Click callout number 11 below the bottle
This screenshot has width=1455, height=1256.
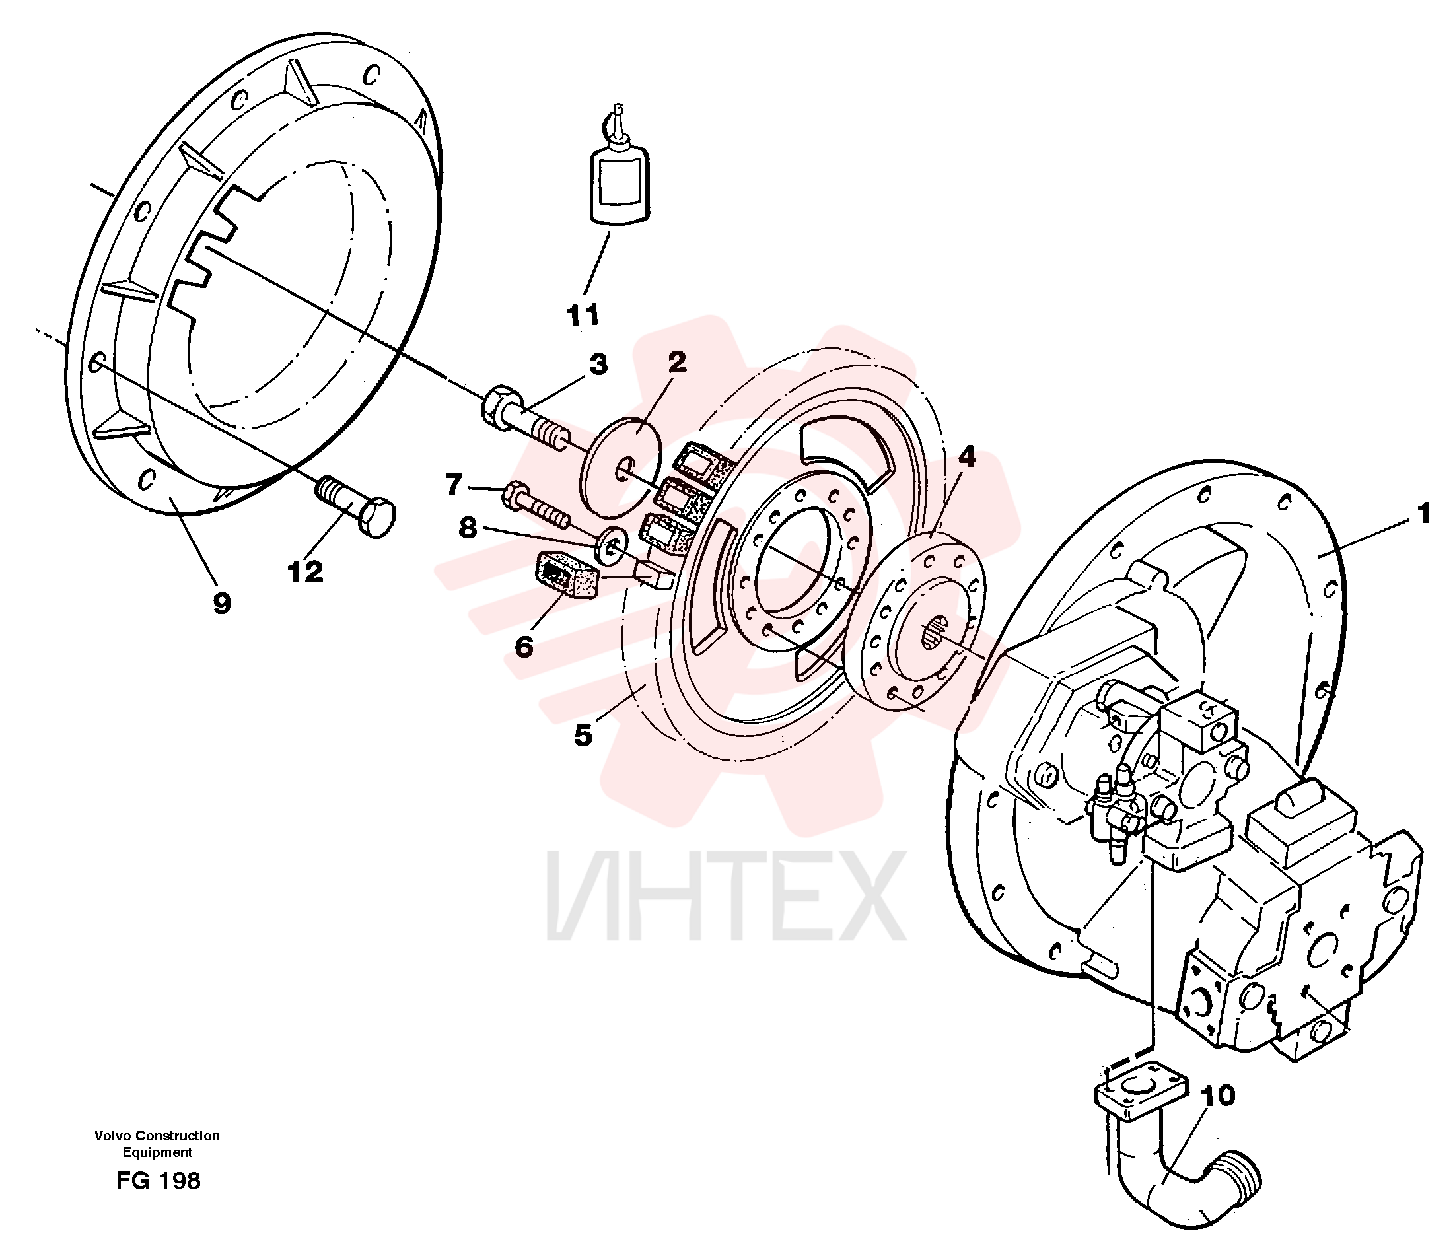(583, 315)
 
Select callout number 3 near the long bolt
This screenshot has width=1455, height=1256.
(598, 365)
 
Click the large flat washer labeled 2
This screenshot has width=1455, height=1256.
(622, 467)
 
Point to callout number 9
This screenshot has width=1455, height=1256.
(222, 603)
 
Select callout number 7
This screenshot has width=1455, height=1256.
(454, 484)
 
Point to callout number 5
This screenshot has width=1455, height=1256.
(584, 736)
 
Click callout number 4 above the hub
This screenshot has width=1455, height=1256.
(967, 457)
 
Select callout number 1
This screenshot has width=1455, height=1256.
(1423, 514)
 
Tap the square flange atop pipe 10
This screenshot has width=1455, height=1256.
(1141, 1092)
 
